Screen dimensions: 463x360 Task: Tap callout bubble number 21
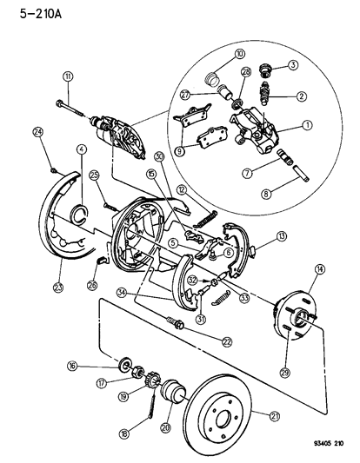(276, 417)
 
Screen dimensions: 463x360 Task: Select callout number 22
(227, 341)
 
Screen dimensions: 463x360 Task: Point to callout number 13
(281, 236)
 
